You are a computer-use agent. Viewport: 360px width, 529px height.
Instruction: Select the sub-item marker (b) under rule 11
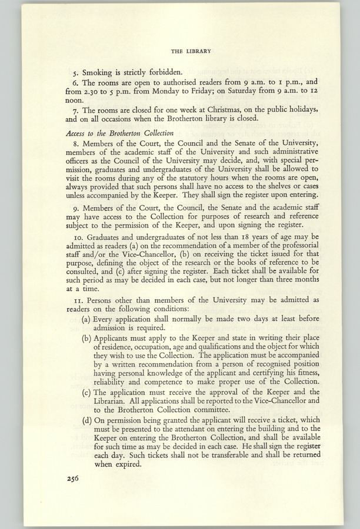pyautogui.click(x=86, y=339)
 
